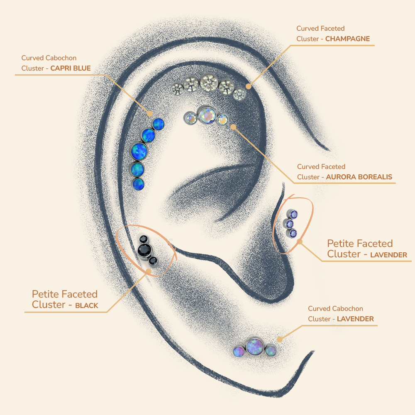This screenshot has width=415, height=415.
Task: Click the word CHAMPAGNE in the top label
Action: pos(347,39)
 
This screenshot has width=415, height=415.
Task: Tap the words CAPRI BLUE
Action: pos(71,68)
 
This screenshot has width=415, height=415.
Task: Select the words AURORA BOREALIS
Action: pos(359,177)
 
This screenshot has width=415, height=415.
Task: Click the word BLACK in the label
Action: pos(87,305)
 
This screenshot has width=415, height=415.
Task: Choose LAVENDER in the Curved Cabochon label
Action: pos(355,319)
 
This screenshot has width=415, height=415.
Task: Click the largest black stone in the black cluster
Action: pos(145,249)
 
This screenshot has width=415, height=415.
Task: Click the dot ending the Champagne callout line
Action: pos(248,86)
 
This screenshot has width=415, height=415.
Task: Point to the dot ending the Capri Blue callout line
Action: pos(149,113)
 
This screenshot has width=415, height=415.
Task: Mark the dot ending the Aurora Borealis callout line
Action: pos(233,127)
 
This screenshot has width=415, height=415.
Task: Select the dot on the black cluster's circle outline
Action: pos(149,271)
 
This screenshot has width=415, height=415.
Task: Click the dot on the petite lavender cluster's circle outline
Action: pos(300,242)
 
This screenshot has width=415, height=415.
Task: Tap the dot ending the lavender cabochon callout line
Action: pos(279,339)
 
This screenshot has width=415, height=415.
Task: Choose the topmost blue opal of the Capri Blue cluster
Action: pos(158,124)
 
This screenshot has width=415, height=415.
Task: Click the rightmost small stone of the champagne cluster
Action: pos(239,94)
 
